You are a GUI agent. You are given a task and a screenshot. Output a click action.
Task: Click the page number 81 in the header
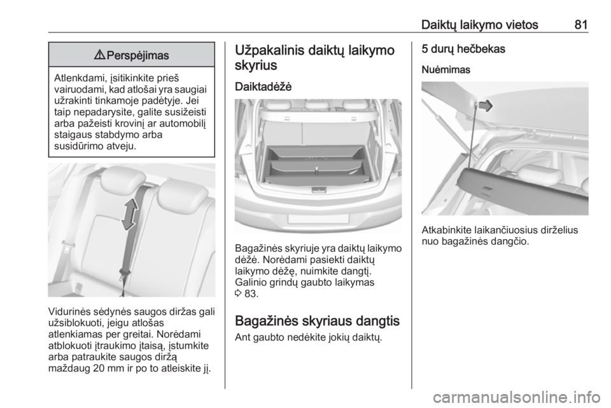point(580,25)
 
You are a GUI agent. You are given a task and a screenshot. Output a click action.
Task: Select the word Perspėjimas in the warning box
point(137,56)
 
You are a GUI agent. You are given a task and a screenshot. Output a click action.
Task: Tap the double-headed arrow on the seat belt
point(129,214)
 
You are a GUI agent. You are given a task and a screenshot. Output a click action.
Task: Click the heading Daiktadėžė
point(263,86)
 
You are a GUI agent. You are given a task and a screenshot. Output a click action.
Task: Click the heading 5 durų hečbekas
point(463,49)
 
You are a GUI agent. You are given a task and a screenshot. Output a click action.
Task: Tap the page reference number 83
point(251,294)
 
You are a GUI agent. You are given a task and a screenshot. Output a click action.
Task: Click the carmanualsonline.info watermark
point(516,397)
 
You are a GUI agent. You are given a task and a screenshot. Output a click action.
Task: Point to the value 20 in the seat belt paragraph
point(100,369)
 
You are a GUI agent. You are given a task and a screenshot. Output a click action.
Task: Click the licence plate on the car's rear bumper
point(318,218)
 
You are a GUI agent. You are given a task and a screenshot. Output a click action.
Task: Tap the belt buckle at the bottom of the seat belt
point(123,271)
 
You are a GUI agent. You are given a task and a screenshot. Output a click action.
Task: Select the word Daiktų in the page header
point(439,25)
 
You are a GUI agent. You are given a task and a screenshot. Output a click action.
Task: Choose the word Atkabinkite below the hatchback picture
point(447,230)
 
